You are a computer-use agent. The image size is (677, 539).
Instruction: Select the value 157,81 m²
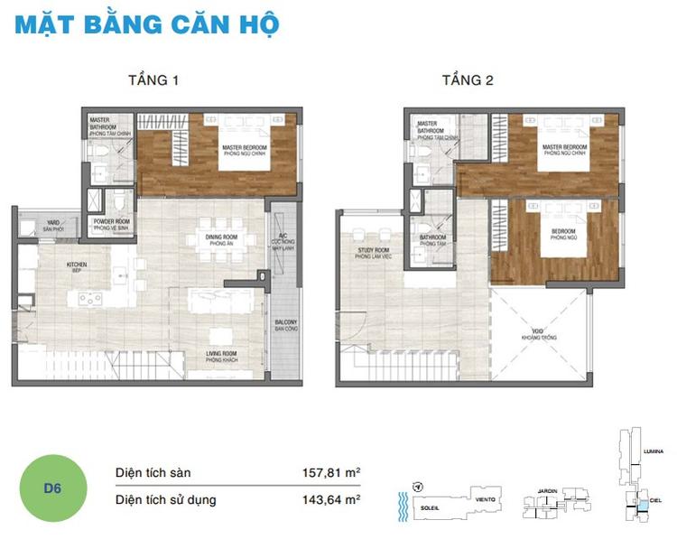tap(331, 472)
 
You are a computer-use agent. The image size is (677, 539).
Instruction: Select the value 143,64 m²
tap(331, 498)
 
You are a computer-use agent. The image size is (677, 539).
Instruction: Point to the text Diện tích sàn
tap(153, 472)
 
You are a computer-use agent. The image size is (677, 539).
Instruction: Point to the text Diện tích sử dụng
tap(166, 498)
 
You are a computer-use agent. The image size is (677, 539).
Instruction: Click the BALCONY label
tap(286, 326)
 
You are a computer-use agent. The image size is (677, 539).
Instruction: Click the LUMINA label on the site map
tap(654, 449)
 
